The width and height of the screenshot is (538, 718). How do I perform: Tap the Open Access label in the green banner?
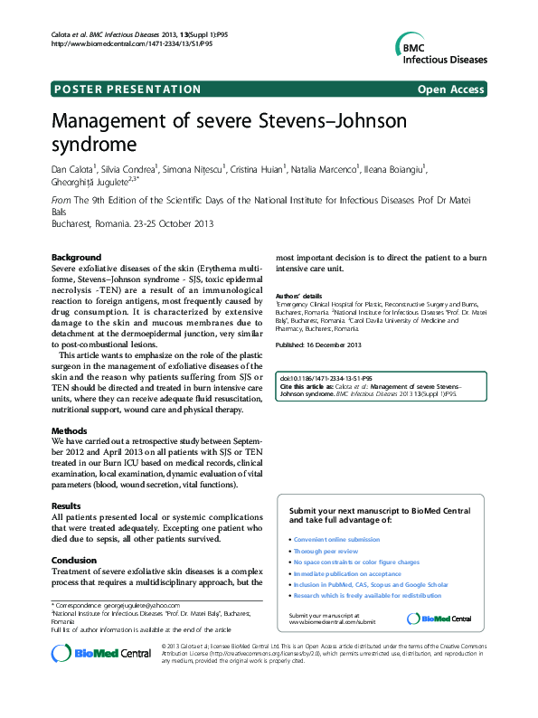451,89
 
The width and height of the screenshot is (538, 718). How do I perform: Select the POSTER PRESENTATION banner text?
127,89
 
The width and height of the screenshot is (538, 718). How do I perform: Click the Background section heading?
76,258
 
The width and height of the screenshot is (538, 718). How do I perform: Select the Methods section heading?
70,431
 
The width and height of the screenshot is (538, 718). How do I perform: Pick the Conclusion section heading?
74,560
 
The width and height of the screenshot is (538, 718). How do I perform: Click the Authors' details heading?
298,296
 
